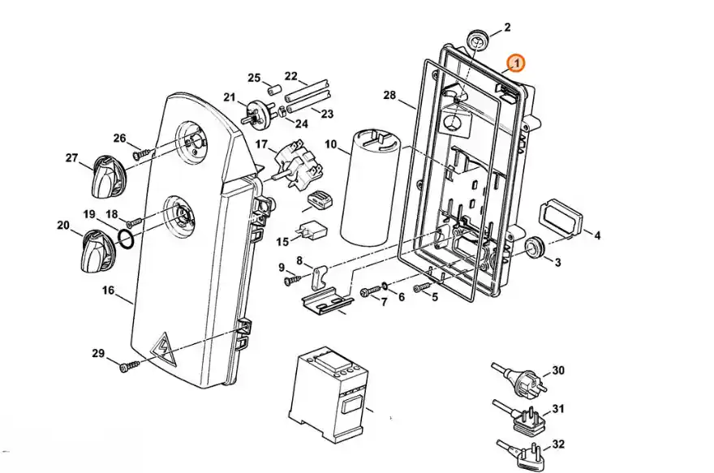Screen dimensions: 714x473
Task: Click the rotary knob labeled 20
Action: click(x=98, y=251)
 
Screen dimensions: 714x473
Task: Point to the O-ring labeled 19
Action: click(x=126, y=239)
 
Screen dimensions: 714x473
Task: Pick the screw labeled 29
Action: click(x=131, y=366)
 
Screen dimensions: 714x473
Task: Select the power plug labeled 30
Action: click(x=518, y=376)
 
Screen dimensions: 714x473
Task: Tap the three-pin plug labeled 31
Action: click(x=520, y=415)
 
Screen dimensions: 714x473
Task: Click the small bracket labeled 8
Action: click(x=320, y=277)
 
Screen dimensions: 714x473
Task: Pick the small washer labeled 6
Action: click(x=385, y=286)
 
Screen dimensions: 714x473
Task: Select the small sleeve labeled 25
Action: click(x=274, y=90)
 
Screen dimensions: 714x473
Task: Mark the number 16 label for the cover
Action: click(x=109, y=290)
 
